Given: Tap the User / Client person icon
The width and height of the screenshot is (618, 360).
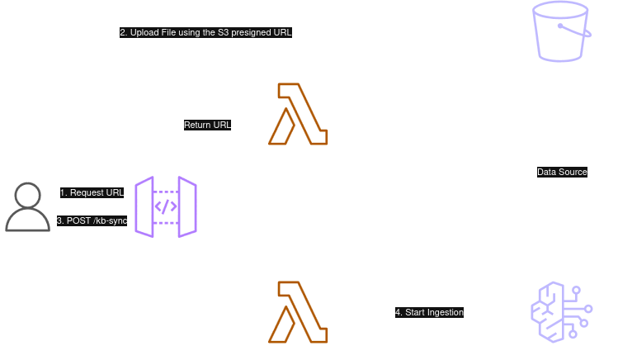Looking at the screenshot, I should pyautogui.click(x=28, y=206).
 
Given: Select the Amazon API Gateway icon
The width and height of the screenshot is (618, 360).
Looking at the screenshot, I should pyautogui.click(x=166, y=206).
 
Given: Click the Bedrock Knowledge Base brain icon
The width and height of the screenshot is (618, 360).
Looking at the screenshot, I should pyautogui.click(x=562, y=312).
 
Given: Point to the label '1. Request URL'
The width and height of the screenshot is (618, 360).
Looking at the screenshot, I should pyautogui.click(x=91, y=192).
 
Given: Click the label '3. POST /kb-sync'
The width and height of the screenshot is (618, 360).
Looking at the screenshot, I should pyautogui.click(x=91, y=220).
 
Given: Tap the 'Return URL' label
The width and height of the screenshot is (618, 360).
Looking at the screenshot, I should pyautogui.click(x=208, y=124).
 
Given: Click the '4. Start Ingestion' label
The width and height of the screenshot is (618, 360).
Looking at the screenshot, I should pyautogui.click(x=429, y=312).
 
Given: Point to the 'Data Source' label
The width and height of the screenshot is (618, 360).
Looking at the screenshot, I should pyautogui.click(x=562, y=172).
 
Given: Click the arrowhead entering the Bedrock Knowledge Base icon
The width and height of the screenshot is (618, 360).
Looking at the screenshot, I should pyautogui.click(x=526, y=312).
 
